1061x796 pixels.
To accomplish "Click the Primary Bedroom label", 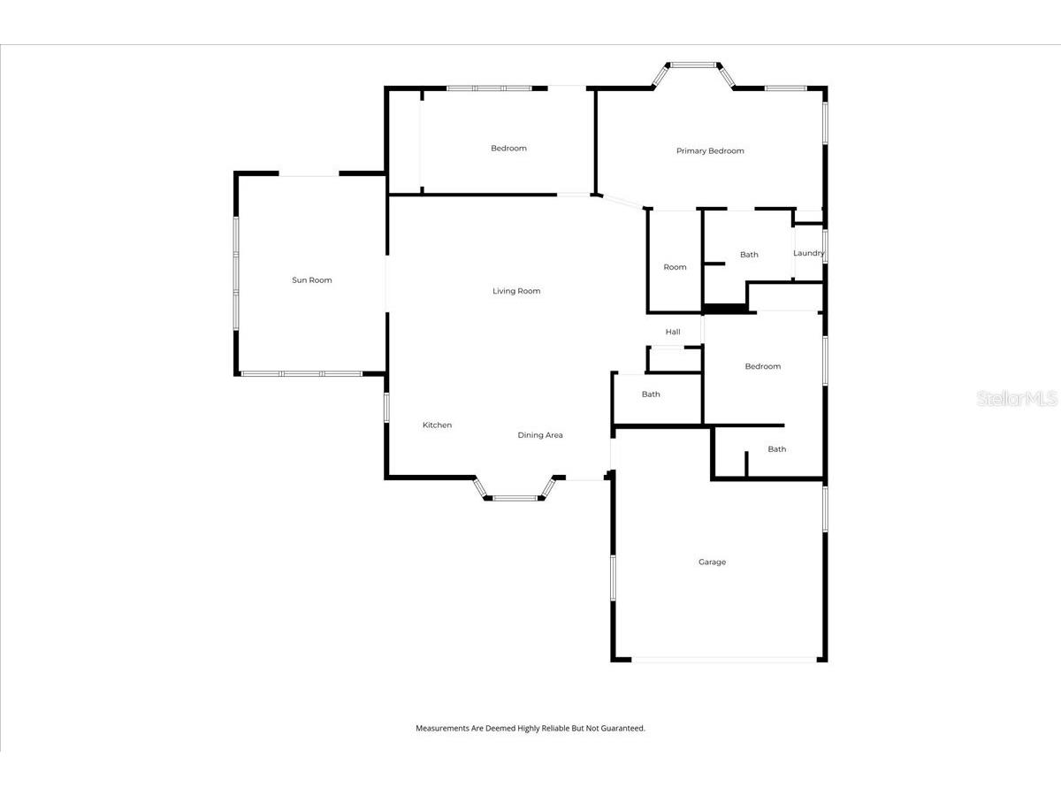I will pyautogui.click(x=710, y=151).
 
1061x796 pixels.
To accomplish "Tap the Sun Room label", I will pyautogui.click(x=312, y=280).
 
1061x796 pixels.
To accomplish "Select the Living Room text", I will pyautogui.click(x=516, y=291).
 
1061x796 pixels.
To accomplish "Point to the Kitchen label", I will pyautogui.click(x=437, y=425).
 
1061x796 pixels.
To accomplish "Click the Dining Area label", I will pyautogui.click(x=540, y=435).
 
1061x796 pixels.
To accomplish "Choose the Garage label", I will pyautogui.click(x=712, y=563).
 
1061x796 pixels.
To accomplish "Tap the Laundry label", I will pyautogui.click(x=808, y=253).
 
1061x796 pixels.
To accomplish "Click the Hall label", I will pyautogui.click(x=673, y=332).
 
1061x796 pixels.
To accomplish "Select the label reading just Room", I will pyautogui.click(x=675, y=267).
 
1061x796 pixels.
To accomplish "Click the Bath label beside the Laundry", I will pyautogui.click(x=749, y=255).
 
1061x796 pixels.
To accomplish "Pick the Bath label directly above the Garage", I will pyautogui.click(x=776, y=449).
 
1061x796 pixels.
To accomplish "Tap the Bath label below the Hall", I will pyautogui.click(x=651, y=394).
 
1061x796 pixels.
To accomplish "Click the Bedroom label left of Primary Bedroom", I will pyautogui.click(x=508, y=149).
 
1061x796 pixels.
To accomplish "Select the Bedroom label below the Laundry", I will pyautogui.click(x=762, y=366).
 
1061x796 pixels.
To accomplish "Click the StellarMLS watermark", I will pyautogui.click(x=1017, y=400).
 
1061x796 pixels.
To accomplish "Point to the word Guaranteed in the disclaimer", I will pyautogui.click(x=623, y=729).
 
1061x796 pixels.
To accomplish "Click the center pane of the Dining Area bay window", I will pyautogui.click(x=515, y=498).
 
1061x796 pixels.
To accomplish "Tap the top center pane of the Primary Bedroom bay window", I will pyautogui.click(x=693, y=65).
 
